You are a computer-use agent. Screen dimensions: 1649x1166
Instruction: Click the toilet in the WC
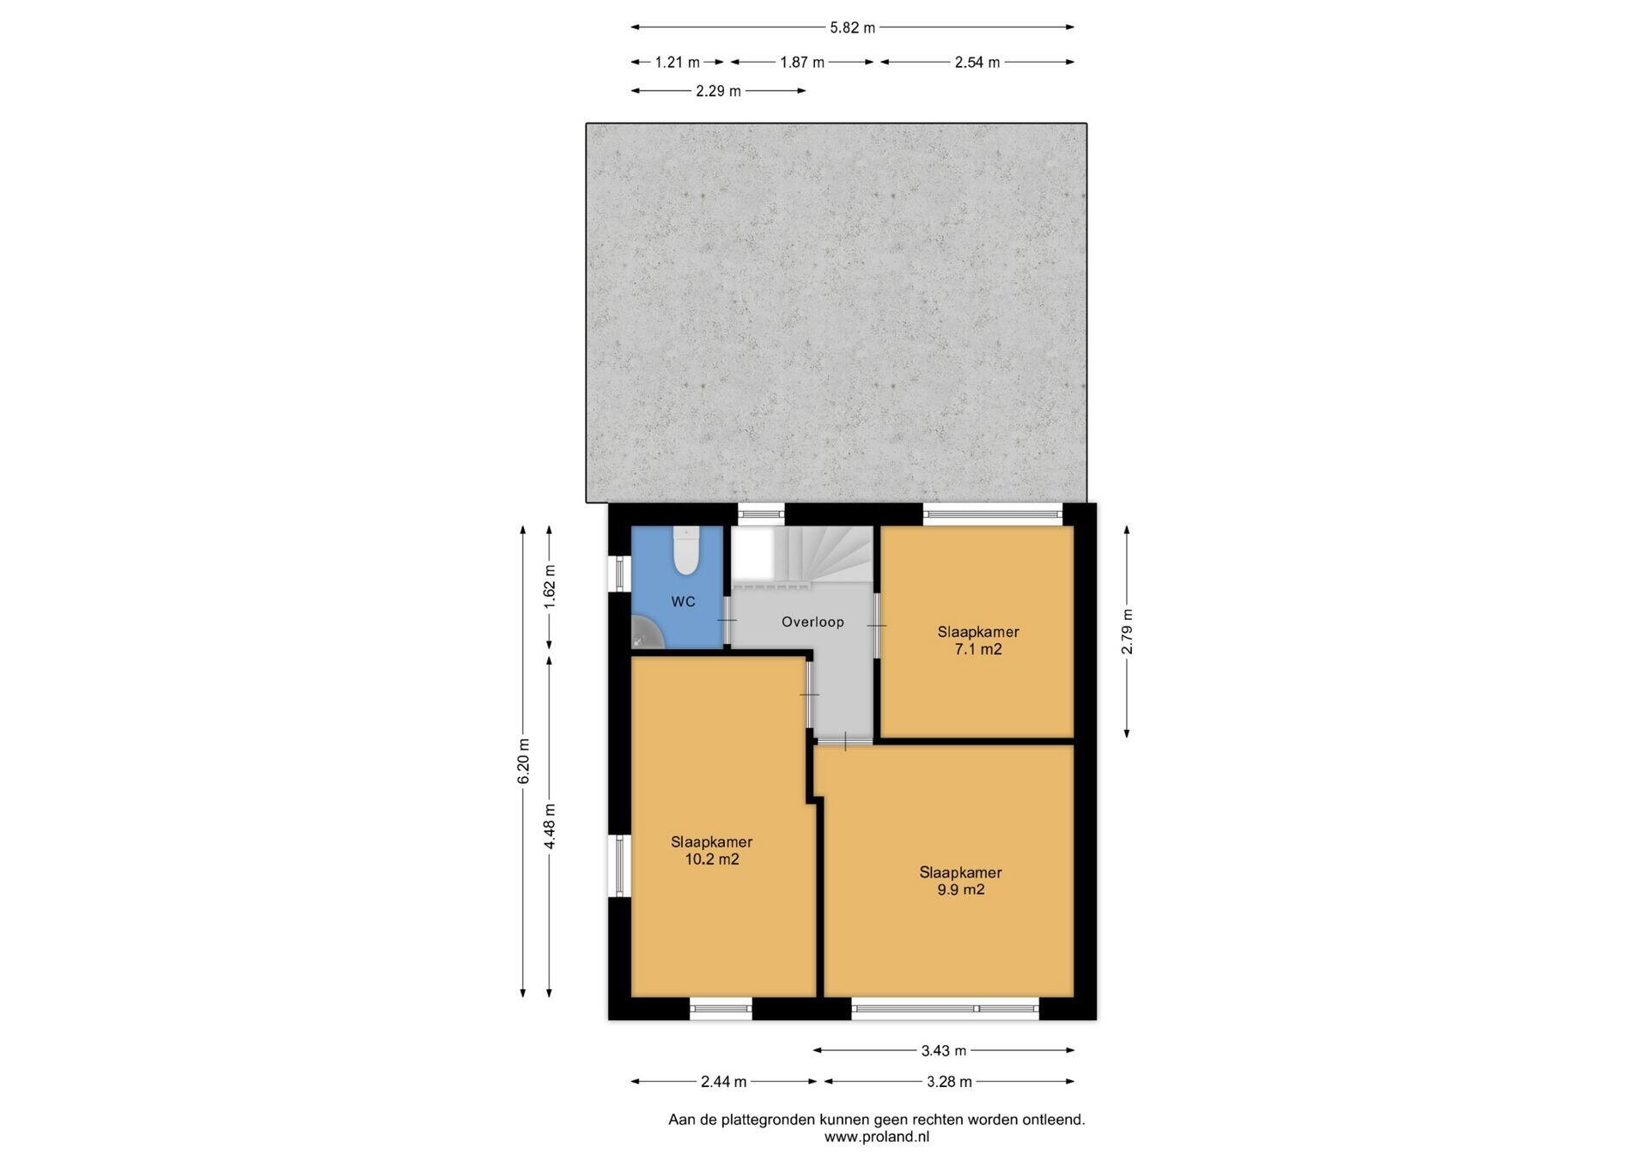(685, 550)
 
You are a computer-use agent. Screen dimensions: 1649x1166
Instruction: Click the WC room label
(683, 602)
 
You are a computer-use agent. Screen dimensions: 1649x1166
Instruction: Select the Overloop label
(812, 622)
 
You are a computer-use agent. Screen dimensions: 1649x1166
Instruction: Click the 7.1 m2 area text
(978, 649)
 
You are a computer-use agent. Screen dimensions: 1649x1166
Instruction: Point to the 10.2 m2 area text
(711, 859)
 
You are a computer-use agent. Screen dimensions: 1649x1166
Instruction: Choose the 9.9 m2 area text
(960, 890)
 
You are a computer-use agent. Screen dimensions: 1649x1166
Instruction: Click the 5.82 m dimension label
(852, 27)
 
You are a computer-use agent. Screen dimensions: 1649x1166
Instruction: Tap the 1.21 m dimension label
(677, 62)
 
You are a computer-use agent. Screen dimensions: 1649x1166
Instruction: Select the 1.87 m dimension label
(801, 62)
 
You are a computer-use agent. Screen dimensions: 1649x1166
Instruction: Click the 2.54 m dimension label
(977, 62)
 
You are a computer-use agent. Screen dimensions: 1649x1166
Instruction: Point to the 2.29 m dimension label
(718, 91)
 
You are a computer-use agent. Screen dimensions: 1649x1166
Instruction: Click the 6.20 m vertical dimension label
(523, 761)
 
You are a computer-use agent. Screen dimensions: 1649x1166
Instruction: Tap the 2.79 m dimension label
(1127, 631)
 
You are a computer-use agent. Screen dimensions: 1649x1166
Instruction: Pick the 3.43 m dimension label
(943, 1050)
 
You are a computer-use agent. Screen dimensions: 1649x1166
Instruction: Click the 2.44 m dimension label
(723, 1082)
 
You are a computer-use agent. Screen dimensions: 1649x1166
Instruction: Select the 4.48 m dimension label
(550, 827)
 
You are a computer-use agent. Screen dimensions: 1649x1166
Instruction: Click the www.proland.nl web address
(877, 1137)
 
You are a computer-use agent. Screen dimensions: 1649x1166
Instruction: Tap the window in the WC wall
(619, 574)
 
